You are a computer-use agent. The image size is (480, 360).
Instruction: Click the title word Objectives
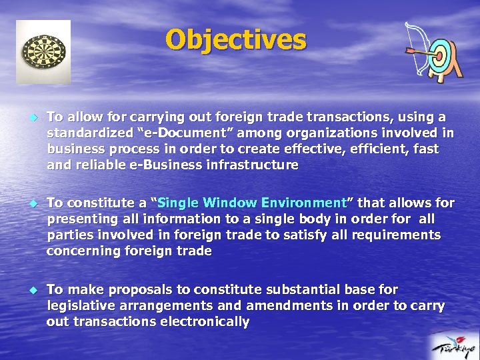tap(236, 40)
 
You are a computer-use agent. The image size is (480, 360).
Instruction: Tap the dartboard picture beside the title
tap(43, 51)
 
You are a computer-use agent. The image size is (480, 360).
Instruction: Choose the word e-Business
tap(156, 165)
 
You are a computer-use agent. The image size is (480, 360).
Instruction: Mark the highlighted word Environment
tap(305, 203)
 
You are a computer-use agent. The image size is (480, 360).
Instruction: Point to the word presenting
tap(80, 219)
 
